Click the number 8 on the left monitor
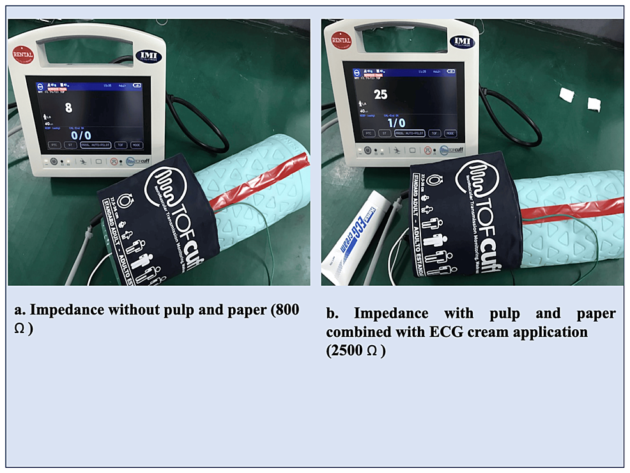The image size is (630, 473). (69, 108)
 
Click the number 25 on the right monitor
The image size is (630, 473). (381, 95)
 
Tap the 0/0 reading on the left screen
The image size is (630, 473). (81, 136)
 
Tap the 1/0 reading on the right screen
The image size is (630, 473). (396, 122)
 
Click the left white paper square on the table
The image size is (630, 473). (565, 94)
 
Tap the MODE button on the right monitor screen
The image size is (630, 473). (450, 134)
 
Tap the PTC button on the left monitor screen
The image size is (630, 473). (54, 145)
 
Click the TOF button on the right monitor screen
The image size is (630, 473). (434, 134)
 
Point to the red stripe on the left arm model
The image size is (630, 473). (256, 183)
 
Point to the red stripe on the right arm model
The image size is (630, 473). (569, 208)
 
